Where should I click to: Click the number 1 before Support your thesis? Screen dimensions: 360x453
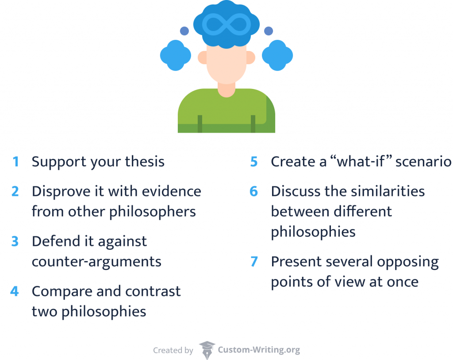(16, 162)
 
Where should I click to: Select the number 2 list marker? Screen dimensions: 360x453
(15, 191)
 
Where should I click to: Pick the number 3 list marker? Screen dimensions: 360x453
(15, 241)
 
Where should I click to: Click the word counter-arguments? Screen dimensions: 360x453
(96, 262)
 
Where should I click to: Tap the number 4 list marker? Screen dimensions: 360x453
(15, 291)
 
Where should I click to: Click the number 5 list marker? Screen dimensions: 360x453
(254, 162)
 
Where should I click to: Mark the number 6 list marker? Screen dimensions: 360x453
(254, 191)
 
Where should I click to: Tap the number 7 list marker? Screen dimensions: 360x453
(254, 262)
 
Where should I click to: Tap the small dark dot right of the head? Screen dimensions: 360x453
(269, 31)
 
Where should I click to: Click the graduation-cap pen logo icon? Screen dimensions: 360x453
(207, 350)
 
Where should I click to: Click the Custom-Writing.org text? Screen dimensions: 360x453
(259, 350)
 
